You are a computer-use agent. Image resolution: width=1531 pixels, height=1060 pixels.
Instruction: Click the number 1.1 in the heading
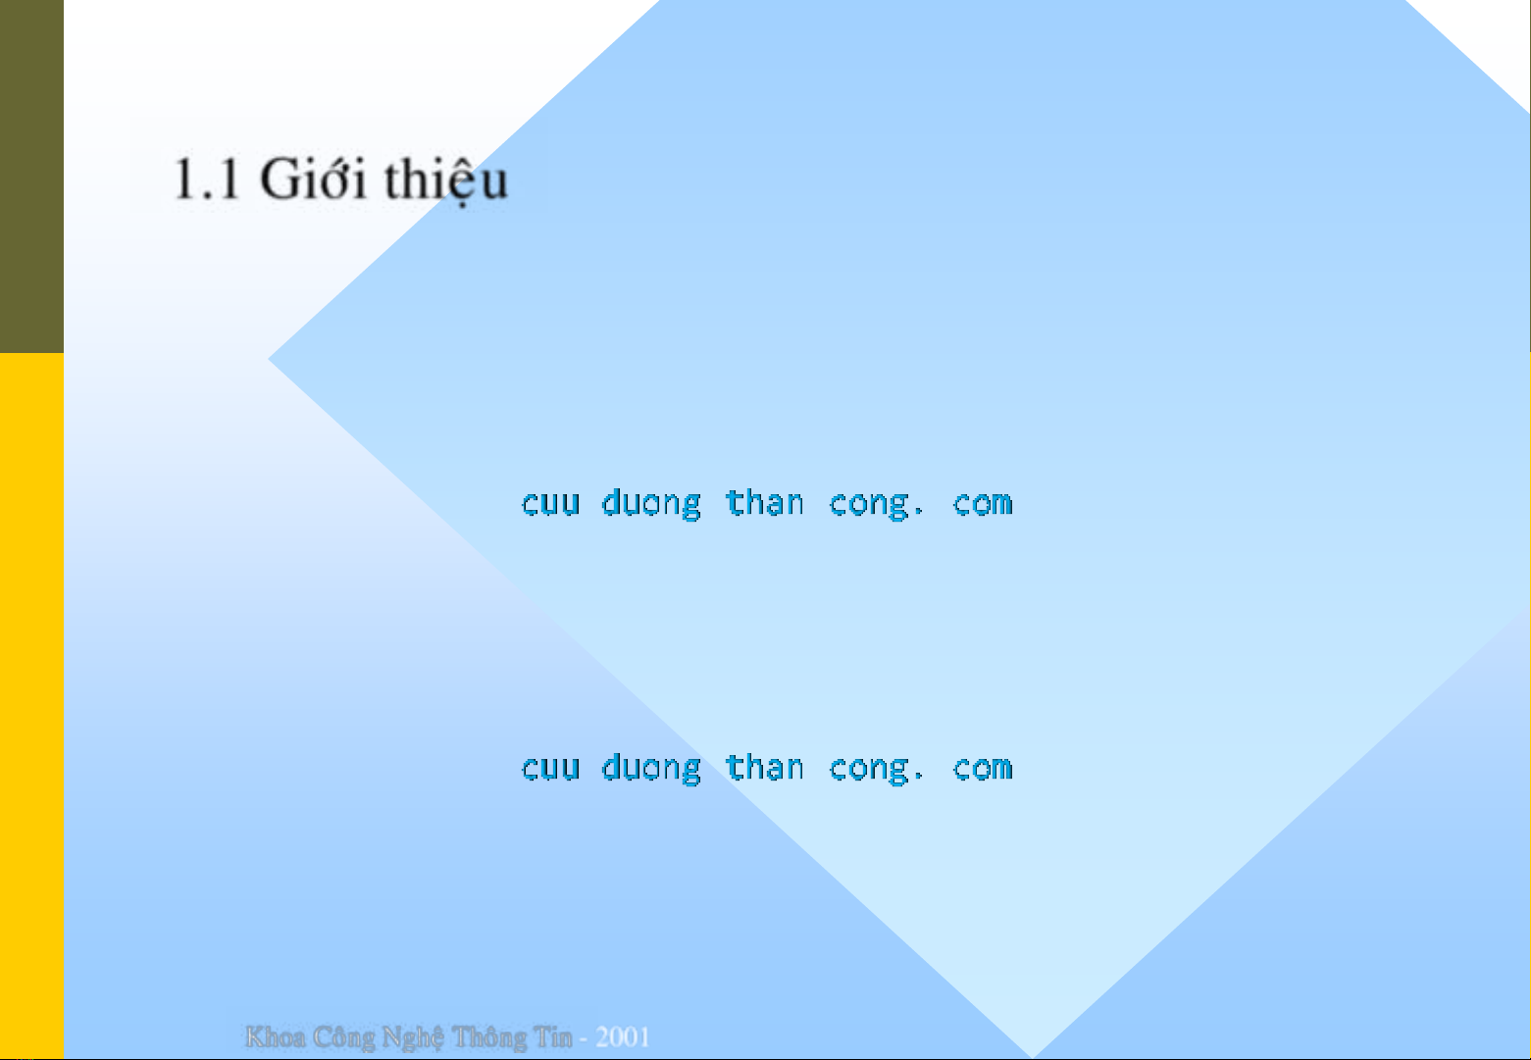pyautogui.click(x=206, y=179)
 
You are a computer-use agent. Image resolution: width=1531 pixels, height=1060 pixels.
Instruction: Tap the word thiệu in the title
pyautogui.click(x=445, y=179)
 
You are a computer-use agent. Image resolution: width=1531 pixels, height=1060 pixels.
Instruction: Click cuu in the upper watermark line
pyautogui.click(x=550, y=504)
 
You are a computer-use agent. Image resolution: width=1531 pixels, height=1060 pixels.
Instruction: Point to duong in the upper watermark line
pyautogui.click(x=651, y=504)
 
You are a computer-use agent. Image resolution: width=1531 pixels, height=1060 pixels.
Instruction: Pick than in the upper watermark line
pyautogui.click(x=764, y=502)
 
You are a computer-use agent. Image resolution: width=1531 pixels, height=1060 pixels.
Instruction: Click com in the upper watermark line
pyautogui.click(x=982, y=504)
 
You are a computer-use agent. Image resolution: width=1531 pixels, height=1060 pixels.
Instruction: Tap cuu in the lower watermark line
pyautogui.click(x=550, y=768)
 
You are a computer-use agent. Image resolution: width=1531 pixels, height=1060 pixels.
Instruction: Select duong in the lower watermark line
pyautogui.click(x=651, y=769)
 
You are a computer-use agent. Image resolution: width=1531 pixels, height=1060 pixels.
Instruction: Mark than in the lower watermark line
pyautogui.click(x=764, y=767)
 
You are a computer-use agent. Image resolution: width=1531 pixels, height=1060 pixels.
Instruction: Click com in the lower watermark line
pyautogui.click(x=982, y=768)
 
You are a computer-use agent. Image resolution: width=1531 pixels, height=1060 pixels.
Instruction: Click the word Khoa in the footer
pyautogui.click(x=276, y=1036)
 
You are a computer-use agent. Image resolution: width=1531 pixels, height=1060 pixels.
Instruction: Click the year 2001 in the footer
pyautogui.click(x=622, y=1036)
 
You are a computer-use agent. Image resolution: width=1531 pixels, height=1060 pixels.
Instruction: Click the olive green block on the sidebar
pyautogui.click(x=31, y=177)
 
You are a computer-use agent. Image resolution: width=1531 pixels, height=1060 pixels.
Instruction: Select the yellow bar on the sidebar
pyautogui.click(x=31, y=706)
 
